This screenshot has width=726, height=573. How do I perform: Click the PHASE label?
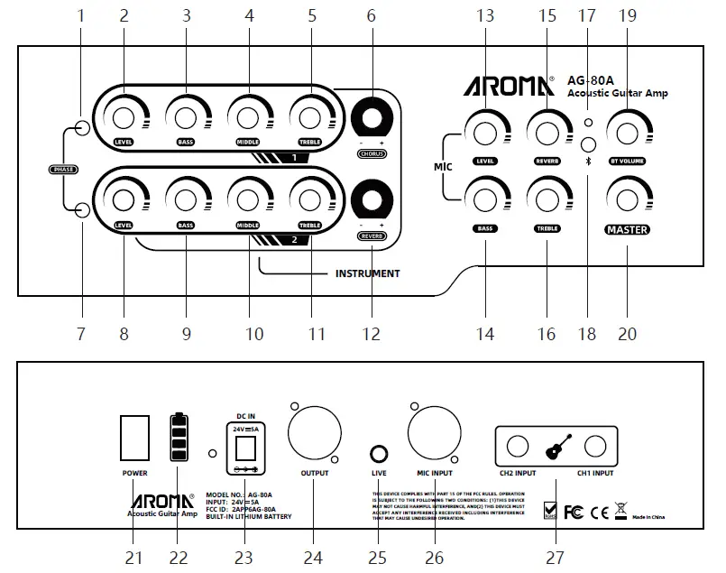click(x=64, y=170)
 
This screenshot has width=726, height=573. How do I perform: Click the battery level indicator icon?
click(x=179, y=438)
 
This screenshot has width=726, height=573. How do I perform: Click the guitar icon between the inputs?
click(x=556, y=446)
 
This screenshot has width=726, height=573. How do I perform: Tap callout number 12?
click(x=372, y=334)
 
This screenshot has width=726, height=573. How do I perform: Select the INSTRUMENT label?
click(x=367, y=273)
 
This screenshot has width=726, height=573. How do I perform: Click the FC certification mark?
click(x=573, y=512)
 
